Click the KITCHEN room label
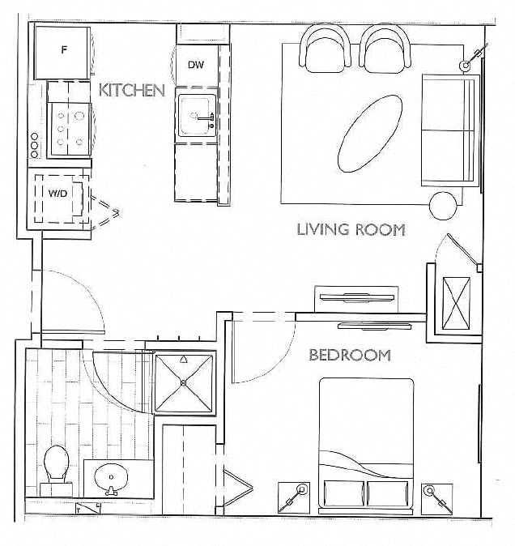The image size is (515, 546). tap(131, 90)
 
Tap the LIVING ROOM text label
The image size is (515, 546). tap(351, 229)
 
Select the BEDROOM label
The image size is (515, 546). tap(350, 355)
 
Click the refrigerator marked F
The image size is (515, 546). tap(63, 51)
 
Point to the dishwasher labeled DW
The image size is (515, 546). tap(195, 65)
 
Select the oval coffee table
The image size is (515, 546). tap(370, 132)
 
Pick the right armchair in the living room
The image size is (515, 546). tap(385, 48)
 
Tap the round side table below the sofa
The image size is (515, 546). tap(443, 206)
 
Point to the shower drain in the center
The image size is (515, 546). tap(185, 382)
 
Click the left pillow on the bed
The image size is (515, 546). tap(343, 493)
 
